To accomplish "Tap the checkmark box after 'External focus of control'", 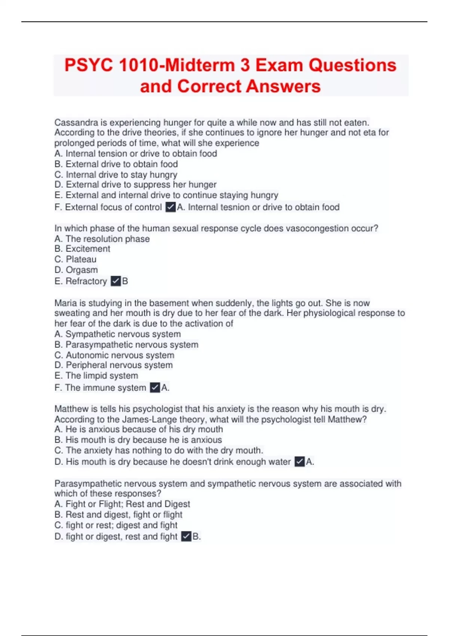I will tap(171, 207).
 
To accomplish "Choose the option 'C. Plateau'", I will tap(75, 259).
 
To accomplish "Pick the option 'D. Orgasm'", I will tap(76, 270).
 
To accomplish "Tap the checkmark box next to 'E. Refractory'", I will tap(116, 281).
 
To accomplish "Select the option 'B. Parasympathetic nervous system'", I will tap(126, 345).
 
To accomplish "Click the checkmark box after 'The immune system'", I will tap(155, 388).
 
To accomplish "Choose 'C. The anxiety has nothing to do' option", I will tap(159, 450).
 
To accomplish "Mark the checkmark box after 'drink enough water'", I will tap(300, 462).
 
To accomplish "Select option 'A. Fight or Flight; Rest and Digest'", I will tap(122, 504).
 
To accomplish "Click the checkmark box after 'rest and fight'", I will tap(186, 536).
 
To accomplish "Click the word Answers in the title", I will tap(283, 86).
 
